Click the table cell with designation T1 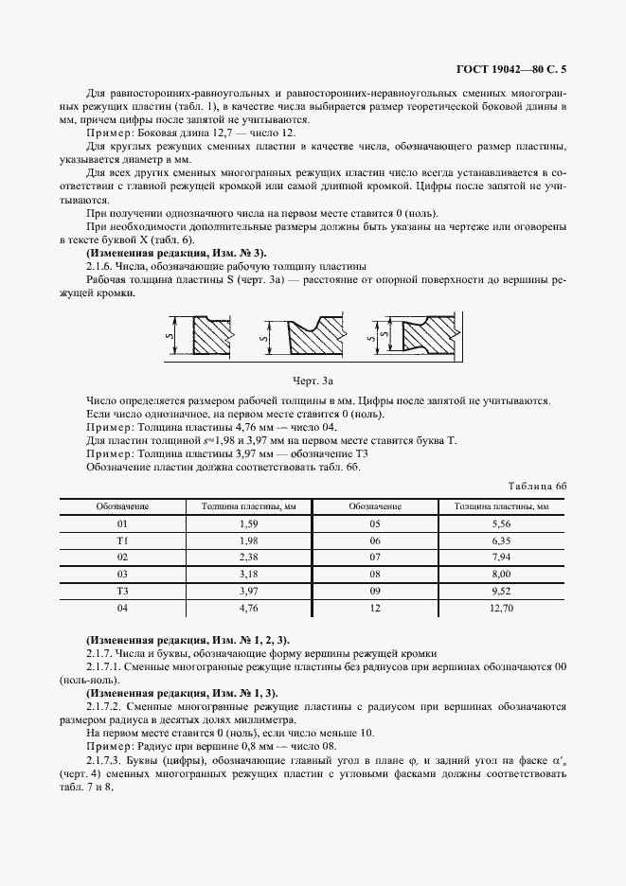[122, 540]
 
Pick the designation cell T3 [122, 591]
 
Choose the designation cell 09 [375, 591]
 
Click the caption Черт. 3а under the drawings [313, 381]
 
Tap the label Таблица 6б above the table [534, 487]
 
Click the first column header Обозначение [122, 505]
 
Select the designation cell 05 [375, 523]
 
